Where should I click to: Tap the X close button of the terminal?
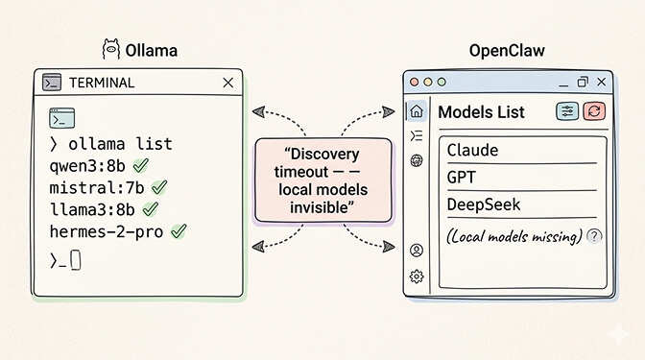[227, 84]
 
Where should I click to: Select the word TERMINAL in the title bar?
[101, 84]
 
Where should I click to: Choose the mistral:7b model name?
[97, 187]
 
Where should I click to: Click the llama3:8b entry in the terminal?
[91, 209]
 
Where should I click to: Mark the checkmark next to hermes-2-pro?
[179, 231]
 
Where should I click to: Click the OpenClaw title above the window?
[507, 50]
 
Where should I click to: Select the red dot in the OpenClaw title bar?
[416, 84]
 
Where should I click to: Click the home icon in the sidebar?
[416, 111]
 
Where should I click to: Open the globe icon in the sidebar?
[416, 160]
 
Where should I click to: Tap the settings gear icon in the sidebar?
[416, 276]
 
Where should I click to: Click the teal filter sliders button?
[567, 111]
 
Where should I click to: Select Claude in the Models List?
[473, 151]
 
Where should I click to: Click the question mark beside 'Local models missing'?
[594, 236]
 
